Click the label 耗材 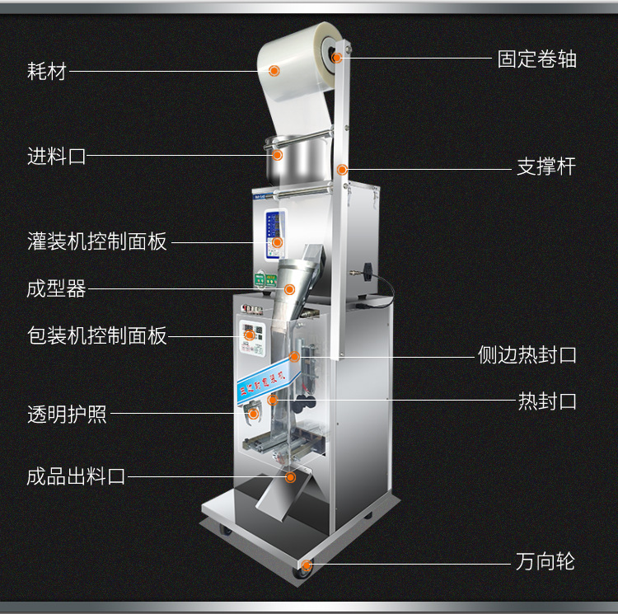[x=46, y=72]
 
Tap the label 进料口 [x=56, y=156]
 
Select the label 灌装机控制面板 [x=97, y=241]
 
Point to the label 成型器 [x=56, y=288]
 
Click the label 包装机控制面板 [x=97, y=335]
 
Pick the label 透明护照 [x=67, y=414]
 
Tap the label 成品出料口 [x=76, y=476]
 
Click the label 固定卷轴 [x=536, y=59]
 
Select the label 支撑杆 [x=545, y=167]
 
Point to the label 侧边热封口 [x=527, y=355]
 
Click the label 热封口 [x=546, y=401]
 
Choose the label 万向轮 [x=545, y=563]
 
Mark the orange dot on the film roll [x=275, y=71]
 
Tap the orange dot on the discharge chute [x=290, y=476]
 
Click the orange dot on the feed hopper [x=278, y=154]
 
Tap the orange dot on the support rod [x=342, y=170]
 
